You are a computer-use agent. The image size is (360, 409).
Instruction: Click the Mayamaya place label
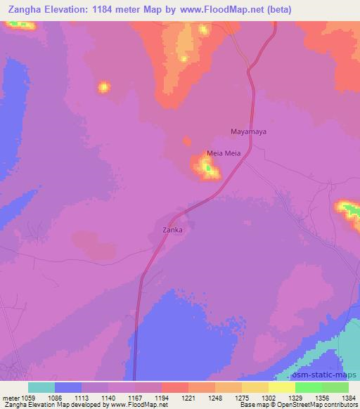pyautogui.click(x=249, y=131)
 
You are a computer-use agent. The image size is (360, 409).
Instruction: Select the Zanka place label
pyautogui.click(x=173, y=229)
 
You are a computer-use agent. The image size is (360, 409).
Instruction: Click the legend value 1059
pyautogui.click(x=27, y=397)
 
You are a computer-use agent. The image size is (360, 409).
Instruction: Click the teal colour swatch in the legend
pyautogui.click(x=41, y=387)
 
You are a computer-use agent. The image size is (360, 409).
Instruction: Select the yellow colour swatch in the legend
pyautogui.click(x=281, y=387)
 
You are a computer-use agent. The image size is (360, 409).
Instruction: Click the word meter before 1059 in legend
pyautogui.click(x=10, y=397)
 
